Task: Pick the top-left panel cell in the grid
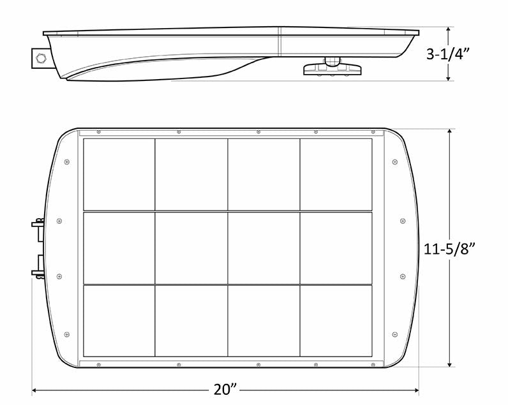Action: (119, 174)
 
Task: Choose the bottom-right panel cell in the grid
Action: (336, 321)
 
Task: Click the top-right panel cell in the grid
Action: (336, 174)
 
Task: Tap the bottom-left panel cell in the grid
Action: (119, 321)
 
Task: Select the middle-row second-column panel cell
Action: (191, 247)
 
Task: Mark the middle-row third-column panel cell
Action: (264, 247)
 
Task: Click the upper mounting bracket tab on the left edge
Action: (38, 223)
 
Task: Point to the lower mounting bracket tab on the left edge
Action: (38, 272)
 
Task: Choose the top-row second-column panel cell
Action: (191, 174)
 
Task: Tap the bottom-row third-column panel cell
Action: (264, 321)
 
